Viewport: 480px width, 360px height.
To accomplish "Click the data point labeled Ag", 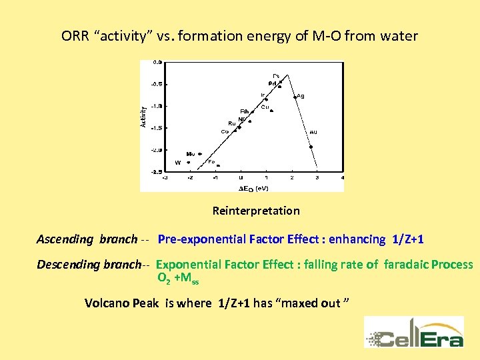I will coord(295,97).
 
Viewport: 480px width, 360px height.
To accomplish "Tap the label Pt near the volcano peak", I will coord(276,75).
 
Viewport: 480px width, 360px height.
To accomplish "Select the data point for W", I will coord(189,162).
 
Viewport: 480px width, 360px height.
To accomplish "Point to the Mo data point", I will coord(200,154).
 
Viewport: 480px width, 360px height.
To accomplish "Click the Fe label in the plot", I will coord(211,161).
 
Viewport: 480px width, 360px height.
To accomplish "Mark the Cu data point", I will coord(271,111).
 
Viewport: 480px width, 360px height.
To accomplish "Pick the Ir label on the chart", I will coord(263,95).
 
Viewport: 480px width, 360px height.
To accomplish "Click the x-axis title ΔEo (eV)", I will coord(254,188).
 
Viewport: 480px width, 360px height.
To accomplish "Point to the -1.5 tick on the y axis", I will coord(155,128).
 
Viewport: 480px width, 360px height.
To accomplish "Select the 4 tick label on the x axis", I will coord(342,178).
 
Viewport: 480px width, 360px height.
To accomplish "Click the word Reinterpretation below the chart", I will coord(256,211).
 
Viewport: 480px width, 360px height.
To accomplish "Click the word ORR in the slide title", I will coord(77,36).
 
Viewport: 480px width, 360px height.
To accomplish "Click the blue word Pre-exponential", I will coord(201,239).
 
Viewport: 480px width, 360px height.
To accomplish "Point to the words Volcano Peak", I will coord(122,303).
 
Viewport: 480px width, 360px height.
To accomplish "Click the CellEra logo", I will coord(414,331).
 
